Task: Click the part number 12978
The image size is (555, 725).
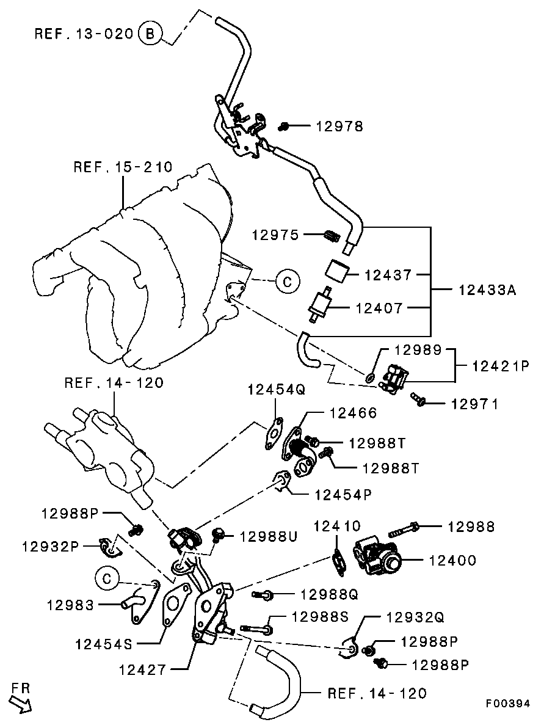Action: coord(339,126)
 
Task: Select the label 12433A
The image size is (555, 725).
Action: coord(487,290)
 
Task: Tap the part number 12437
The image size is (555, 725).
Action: coord(388,275)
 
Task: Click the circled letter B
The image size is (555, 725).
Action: coord(150,33)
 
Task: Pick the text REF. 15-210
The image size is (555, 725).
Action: coord(123,167)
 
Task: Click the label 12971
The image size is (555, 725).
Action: coord(474,404)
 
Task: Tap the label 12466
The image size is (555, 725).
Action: coord(353,414)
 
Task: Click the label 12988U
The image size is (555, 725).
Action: coord(268,536)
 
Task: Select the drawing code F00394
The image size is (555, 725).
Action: coord(508,704)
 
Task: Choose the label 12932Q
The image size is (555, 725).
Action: coord(415,617)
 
